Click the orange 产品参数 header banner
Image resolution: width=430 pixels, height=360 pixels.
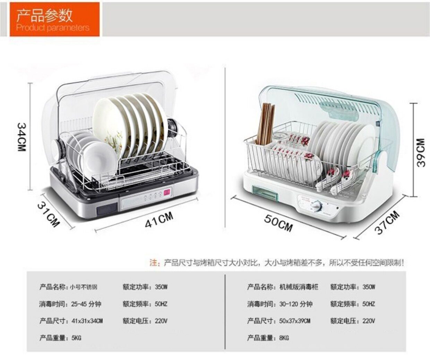coord(54,19)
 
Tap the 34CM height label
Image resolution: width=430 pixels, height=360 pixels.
coord(21,137)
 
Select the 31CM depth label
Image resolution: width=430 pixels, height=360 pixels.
coord(49,215)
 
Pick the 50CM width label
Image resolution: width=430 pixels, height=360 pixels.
coord(278,222)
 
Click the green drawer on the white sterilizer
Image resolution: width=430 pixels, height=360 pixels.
coord(265,193)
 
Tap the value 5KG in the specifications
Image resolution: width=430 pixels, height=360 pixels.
coord(76,338)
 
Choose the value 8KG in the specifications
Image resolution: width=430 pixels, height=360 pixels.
coord(284,338)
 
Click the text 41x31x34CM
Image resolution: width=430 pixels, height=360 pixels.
coord(87,321)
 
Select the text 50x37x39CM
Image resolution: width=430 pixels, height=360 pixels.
coord(295,321)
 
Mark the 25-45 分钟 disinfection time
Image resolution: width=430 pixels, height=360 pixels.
coord(86,304)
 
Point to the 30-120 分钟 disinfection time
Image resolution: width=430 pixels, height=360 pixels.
coord(296,304)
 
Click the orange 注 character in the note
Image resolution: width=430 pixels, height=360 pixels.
coord(153,263)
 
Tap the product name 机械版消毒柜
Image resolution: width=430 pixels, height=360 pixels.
coord(299,287)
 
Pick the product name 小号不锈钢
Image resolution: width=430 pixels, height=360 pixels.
coord(84,287)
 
